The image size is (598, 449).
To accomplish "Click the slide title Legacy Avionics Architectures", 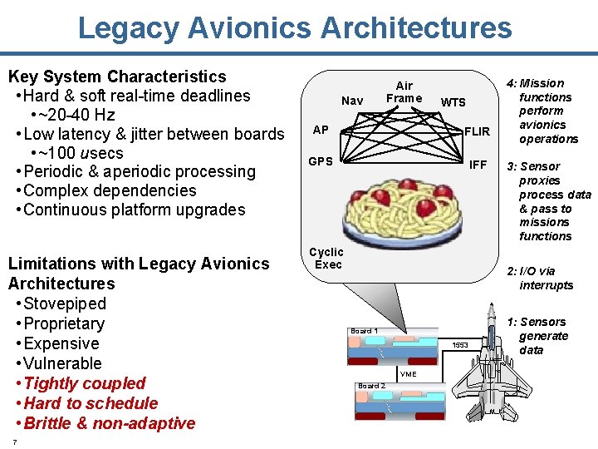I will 295,27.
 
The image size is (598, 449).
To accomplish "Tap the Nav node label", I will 352,101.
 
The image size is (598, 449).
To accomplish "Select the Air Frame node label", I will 404,91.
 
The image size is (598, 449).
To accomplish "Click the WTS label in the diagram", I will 453,102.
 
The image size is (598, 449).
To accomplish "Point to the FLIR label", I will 477,131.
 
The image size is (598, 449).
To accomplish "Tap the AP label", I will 320,130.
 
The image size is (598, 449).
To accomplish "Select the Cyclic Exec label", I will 326,258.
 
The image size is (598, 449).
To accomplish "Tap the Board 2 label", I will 370,386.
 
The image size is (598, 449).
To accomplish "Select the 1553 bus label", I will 460,344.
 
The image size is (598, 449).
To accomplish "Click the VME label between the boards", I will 409,374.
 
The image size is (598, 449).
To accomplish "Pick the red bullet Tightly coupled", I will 85,383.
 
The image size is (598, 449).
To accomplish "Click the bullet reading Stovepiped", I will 65,303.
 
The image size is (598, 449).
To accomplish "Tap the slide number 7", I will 14,442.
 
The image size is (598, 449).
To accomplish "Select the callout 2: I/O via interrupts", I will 546,278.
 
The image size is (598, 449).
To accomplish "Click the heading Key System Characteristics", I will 116,76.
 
